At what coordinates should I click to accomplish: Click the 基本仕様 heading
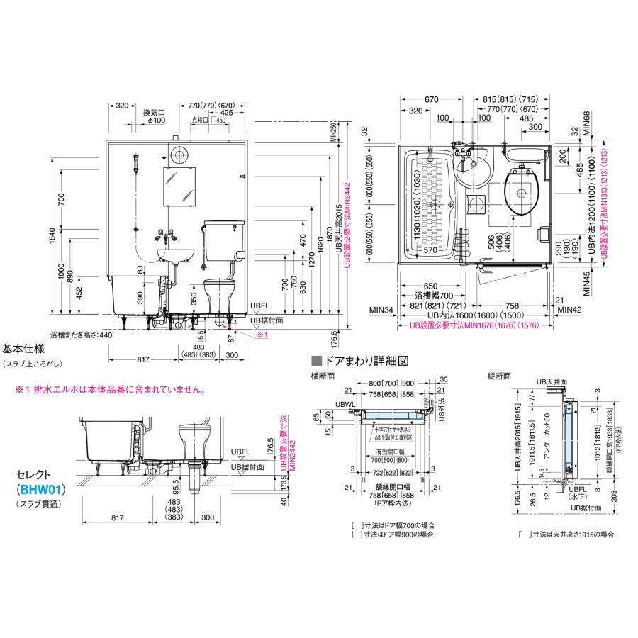[23, 349]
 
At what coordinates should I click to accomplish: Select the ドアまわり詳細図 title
[358, 360]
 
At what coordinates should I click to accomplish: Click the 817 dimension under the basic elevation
[143, 360]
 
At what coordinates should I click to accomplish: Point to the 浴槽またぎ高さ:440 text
[82, 334]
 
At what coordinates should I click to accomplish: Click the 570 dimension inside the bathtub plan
[430, 249]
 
